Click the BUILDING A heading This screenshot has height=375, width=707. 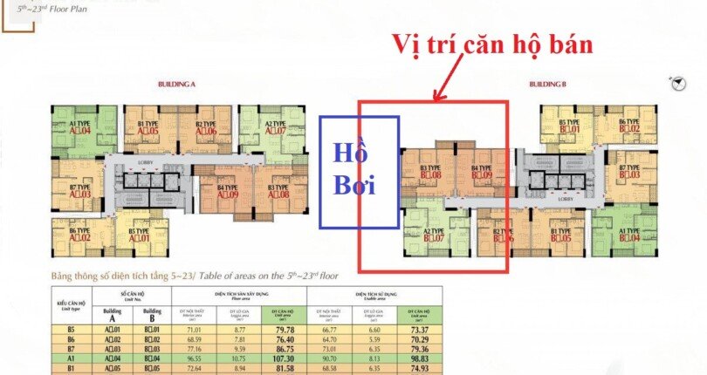pos(176,84)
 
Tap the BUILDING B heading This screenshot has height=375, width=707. pos(547,84)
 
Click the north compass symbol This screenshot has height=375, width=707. pos(677,83)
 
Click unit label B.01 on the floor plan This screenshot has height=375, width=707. pos(569,130)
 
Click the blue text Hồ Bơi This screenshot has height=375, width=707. pos(358,171)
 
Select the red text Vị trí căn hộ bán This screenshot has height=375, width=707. pos(492,44)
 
